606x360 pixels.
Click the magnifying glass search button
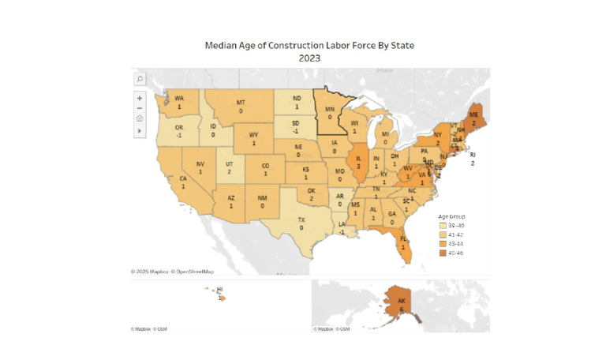coord(140,79)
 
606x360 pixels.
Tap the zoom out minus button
coord(140,108)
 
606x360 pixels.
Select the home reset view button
coord(140,118)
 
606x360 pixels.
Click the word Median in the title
coord(224,46)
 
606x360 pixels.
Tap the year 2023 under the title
coord(309,58)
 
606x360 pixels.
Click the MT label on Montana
coord(241,103)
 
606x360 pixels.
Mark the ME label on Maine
coord(473,114)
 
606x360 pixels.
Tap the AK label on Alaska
coord(401,301)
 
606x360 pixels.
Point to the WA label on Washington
coord(179,98)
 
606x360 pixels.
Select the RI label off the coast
coord(473,155)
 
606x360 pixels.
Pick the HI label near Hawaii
coord(219,291)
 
